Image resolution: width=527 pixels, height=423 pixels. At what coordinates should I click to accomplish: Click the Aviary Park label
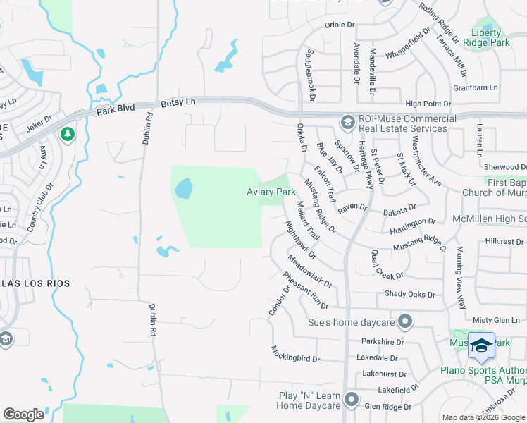[271, 192]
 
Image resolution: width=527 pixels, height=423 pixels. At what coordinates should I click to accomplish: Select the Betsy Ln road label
[178, 102]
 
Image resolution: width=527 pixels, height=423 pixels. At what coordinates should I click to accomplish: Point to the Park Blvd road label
[115, 110]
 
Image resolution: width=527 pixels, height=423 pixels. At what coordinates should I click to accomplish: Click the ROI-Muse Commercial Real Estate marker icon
[347, 123]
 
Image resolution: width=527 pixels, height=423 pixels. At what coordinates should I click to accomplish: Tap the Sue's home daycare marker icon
[404, 322]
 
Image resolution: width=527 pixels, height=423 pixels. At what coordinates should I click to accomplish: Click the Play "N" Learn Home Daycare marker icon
[352, 400]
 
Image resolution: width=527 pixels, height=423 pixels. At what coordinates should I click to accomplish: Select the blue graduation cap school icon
[481, 345]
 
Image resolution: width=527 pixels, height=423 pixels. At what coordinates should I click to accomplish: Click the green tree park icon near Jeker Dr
[68, 133]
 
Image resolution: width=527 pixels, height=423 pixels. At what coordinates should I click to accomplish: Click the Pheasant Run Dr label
[306, 290]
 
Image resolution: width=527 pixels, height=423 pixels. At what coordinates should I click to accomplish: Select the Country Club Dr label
[40, 209]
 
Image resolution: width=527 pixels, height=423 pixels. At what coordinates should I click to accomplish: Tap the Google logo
[23, 415]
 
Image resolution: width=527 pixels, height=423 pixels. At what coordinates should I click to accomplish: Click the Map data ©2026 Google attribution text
[483, 417]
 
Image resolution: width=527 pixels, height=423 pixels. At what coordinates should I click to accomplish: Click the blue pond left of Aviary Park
[182, 188]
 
